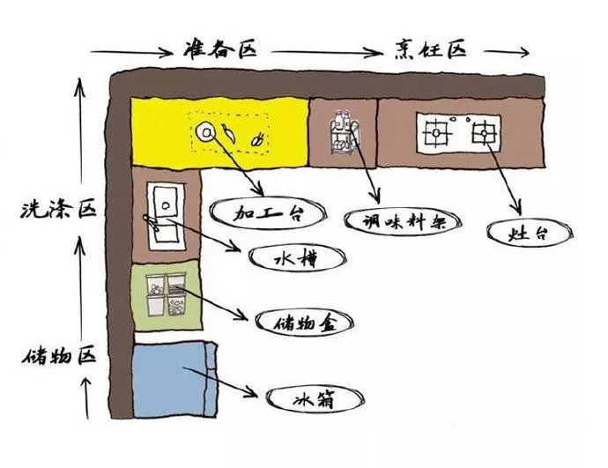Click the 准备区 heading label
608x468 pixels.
click(x=220, y=48)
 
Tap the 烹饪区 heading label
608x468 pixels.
click(x=429, y=49)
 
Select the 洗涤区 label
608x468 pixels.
click(x=58, y=210)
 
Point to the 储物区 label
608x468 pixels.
click(x=58, y=356)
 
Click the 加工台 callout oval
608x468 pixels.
click(x=268, y=213)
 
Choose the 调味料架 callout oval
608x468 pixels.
click(x=404, y=221)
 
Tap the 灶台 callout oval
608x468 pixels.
click(x=530, y=234)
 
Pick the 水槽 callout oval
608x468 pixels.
click(x=297, y=258)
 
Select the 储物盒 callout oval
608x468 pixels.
click(x=304, y=323)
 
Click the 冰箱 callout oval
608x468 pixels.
click(x=315, y=398)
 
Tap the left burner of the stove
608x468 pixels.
click(x=437, y=132)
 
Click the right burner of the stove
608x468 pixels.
click(x=484, y=133)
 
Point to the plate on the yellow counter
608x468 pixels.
click(x=205, y=132)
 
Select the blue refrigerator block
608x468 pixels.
click(x=174, y=380)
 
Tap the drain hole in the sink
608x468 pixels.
click(x=165, y=205)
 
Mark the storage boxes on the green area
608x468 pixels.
click(x=166, y=294)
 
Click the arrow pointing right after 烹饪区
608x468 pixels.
click(x=506, y=52)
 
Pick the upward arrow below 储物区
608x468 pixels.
click(x=86, y=398)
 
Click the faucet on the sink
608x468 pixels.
click(x=152, y=223)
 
